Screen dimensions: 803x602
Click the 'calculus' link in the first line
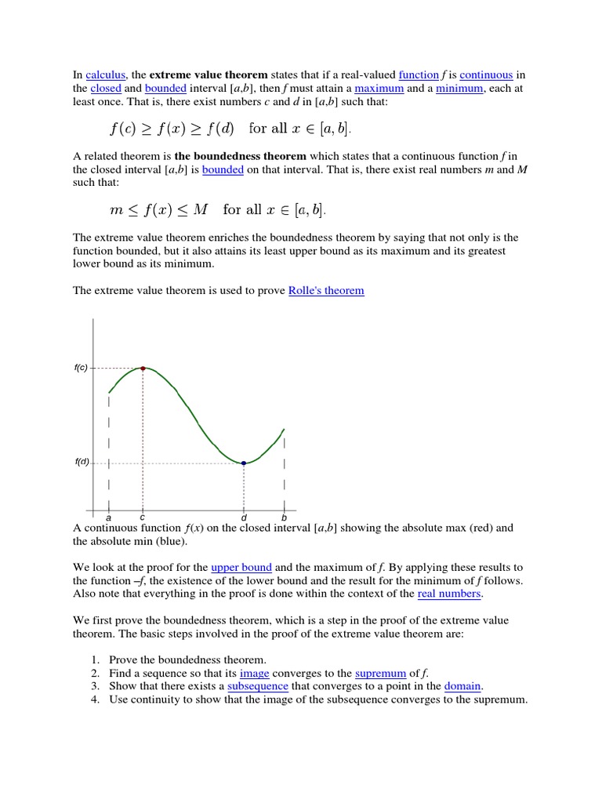pos(106,74)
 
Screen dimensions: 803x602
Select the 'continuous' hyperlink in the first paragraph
pos(486,74)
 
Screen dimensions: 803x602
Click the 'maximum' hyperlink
pos(379,89)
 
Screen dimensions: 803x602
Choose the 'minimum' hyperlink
pos(459,89)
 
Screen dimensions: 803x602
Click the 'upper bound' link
pos(241,567)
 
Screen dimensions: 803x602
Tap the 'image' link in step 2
pos(255,674)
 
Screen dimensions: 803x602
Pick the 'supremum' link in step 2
pos(380,674)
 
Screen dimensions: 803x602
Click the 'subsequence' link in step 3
pos(258,687)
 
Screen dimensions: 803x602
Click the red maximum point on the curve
pos(143,367)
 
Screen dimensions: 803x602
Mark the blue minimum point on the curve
pos(244,463)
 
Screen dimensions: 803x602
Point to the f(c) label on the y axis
pos(81,368)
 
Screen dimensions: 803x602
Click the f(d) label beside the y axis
pos(82,462)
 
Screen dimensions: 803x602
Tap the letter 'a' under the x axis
pos(108,518)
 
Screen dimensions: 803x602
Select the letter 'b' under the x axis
pos(284,518)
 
